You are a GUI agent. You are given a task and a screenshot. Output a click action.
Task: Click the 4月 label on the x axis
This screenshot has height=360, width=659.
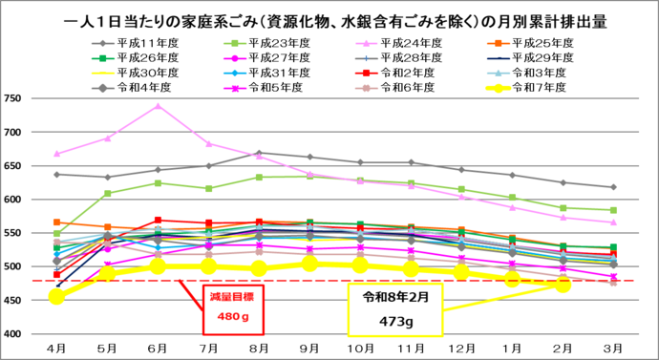[56, 349]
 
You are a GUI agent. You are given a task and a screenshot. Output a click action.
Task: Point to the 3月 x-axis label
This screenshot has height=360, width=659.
[613, 349]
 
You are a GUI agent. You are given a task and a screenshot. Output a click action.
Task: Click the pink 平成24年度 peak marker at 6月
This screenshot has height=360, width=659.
[158, 106]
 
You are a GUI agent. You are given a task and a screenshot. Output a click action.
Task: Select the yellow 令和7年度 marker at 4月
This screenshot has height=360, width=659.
[57, 297]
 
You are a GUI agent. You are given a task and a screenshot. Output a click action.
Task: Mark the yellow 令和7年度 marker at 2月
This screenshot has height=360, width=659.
[563, 285]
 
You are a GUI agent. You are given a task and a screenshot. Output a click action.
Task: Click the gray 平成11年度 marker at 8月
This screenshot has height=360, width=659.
[259, 153]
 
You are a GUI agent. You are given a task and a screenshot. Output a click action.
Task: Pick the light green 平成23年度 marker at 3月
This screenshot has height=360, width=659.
[613, 210]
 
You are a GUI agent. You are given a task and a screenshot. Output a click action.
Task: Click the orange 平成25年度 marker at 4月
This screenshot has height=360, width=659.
[57, 222]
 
